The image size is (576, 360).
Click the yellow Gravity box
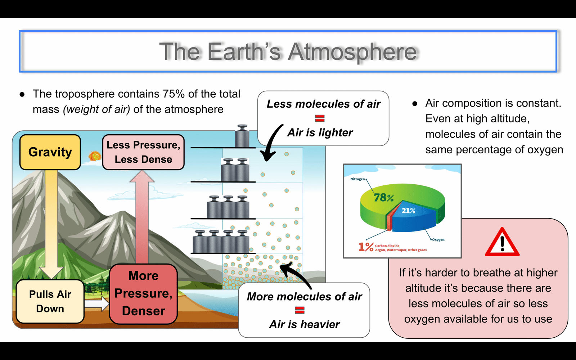point(50,152)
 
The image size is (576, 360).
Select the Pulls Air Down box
point(50,301)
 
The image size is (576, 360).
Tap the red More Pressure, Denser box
point(144,294)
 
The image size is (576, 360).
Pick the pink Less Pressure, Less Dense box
point(143,152)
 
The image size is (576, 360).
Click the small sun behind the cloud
point(95,156)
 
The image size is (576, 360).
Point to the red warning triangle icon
point(502,242)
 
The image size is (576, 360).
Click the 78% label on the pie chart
point(384,198)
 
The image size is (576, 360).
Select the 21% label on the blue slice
point(409,211)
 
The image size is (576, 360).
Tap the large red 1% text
point(366,247)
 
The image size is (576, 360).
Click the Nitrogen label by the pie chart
point(357,179)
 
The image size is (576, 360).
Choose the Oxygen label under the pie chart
point(438,240)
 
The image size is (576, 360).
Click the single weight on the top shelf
point(242,136)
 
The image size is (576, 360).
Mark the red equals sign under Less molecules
point(320,118)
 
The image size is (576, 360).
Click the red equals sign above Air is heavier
point(300,310)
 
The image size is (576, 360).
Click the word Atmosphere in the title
point(352,52)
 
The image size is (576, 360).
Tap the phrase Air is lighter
point(320,133)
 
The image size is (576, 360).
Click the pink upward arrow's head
point(142,176)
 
